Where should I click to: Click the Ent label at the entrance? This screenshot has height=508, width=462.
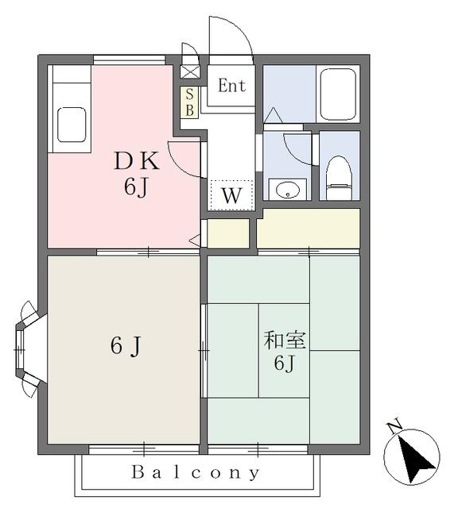[x=231, y=86]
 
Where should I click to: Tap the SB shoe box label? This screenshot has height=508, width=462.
[x=189, y=102]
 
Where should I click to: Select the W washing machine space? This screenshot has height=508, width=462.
[x=231, y=195]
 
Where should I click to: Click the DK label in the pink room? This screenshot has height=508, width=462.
[x=137, y=162]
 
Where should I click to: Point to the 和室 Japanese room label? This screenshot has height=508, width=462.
[x=285, y=341]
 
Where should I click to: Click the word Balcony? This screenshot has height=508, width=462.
[x=195, y=472]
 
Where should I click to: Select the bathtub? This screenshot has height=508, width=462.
[x=338, y=94]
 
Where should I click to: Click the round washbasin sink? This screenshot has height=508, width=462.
[x=287, y=190]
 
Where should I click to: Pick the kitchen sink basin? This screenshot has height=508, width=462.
[x=72, y=125]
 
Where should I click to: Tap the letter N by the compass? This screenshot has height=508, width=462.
[x=394, y=428]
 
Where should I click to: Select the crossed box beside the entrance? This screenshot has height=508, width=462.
[x=189, y=71]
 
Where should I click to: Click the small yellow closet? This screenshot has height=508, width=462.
[x=228, y=233]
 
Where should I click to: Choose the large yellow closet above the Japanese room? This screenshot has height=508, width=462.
[x=309, y=229]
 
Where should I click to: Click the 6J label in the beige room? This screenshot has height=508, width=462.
[x=126, y=346]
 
